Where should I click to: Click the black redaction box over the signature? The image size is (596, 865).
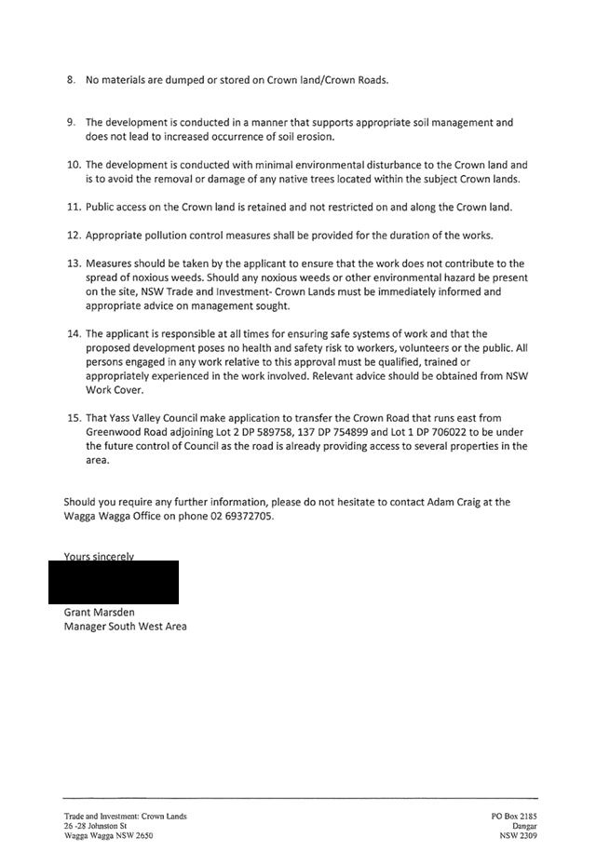[121, 582]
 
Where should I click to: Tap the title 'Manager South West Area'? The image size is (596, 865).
[125, 627]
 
